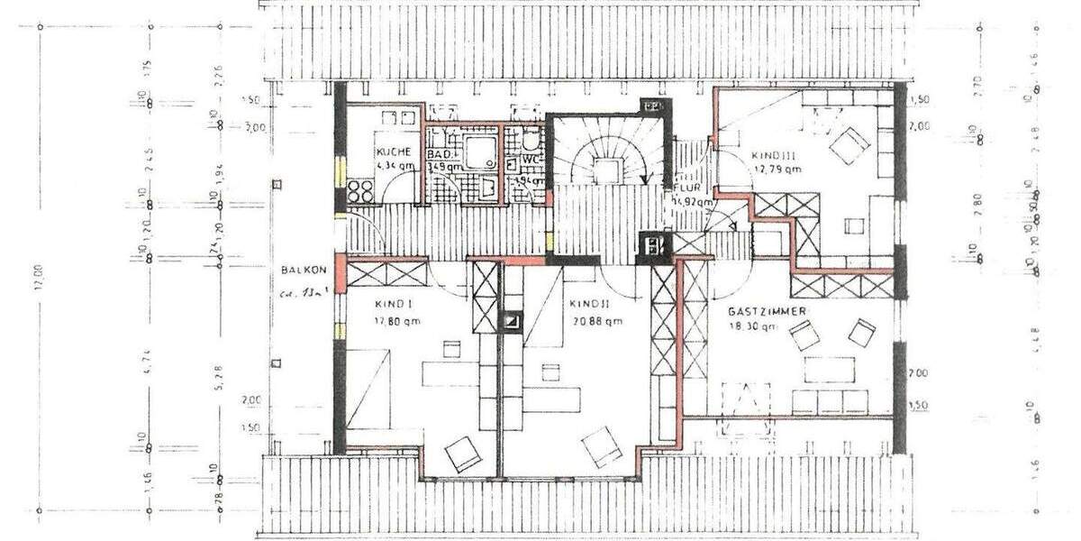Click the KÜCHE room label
pyautogui.click(x=395, y=152)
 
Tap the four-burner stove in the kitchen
pyautogui.click(x=360, y=192)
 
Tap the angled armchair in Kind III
pyautogui.click(x=849, y=144)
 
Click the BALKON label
pyautogui.click(x=297, y=269)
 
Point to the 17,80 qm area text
pyautogui.click(x=396, y=320)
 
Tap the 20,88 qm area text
pyautogui.click(x=595, y=321)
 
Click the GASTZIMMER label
pyautogui.click(x=767, y=311)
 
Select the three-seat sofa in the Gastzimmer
pyautogui.click(x=829, y=402)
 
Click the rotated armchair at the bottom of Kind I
pyautogui.click(x=463, y=453)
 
